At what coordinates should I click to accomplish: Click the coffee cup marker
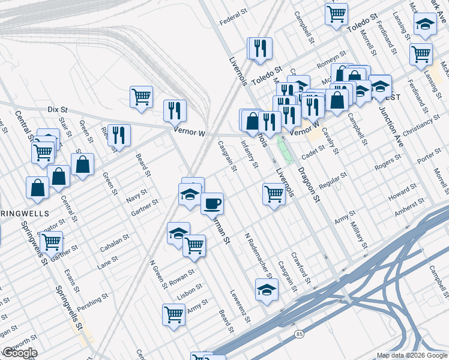211,204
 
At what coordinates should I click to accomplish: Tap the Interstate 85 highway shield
299,334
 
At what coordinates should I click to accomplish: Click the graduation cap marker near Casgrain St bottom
267,290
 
